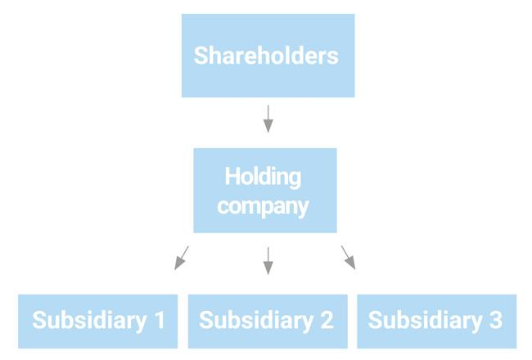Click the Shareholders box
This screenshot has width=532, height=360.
point(268,56)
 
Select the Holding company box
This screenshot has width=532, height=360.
point(265,191)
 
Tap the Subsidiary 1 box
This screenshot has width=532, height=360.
point(97,322)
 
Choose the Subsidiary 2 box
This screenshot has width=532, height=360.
point(268,322)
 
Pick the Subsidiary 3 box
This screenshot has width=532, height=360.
point(437,322)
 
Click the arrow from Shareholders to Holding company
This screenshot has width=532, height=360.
point(268,119)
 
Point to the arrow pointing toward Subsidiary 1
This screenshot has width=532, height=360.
point(182,258)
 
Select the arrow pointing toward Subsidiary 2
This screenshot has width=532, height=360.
point(268,260)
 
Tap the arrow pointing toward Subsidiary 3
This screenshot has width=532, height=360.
point(349,258)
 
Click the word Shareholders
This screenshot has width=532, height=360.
point(266,56)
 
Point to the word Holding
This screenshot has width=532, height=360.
point(263,177)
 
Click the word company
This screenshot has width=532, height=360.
point(263,206)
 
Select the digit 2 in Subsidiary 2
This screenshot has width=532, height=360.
point(327,320)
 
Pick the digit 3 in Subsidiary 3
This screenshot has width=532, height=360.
point(496,320)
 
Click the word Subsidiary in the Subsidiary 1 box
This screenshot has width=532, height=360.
point(89,321)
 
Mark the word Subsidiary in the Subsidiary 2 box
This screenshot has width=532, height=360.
point(256,321)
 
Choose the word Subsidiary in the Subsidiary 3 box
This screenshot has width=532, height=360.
point(426,321)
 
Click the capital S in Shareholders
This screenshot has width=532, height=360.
point(201,56)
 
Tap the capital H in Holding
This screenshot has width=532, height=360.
point(232,176)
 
